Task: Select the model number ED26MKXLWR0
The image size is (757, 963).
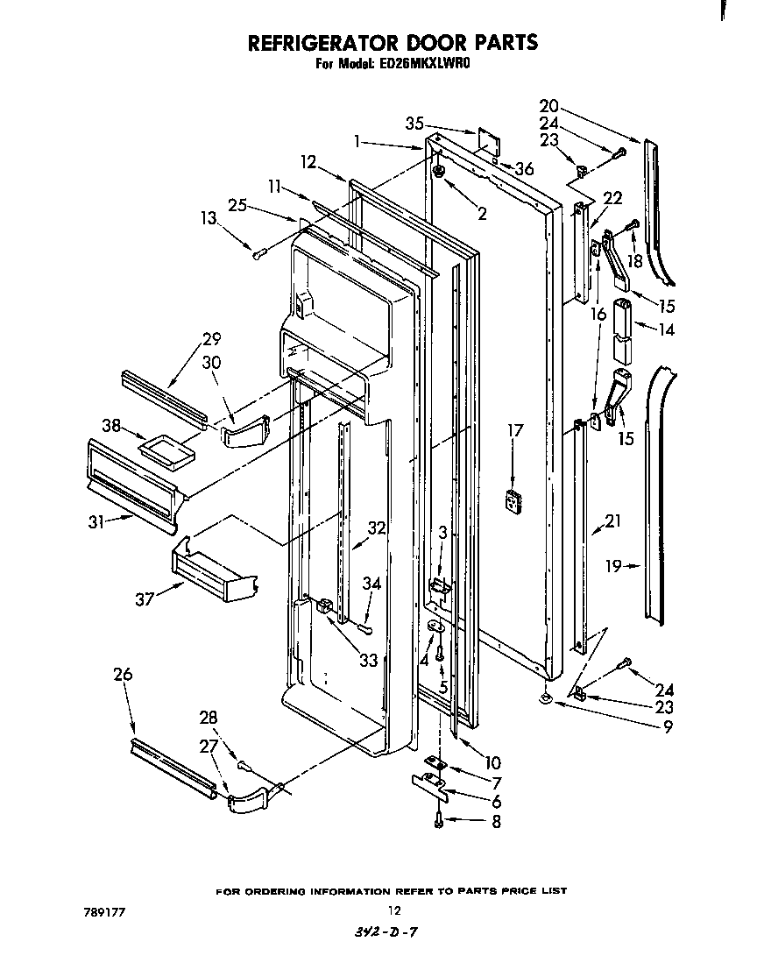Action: pos(428,64)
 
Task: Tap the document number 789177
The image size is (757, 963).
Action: pos(104,911)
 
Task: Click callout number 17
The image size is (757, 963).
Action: pos(515,430)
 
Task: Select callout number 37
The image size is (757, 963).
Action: pos(144,599)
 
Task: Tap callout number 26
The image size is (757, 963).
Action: pos(124,674)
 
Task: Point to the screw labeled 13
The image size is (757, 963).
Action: pos(258,255)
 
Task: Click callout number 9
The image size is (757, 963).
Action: pos(668,726)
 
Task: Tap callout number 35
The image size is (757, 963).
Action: pos(414,123)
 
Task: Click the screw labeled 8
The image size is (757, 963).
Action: pos(439,821)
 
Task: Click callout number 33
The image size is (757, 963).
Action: pos(368,660)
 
